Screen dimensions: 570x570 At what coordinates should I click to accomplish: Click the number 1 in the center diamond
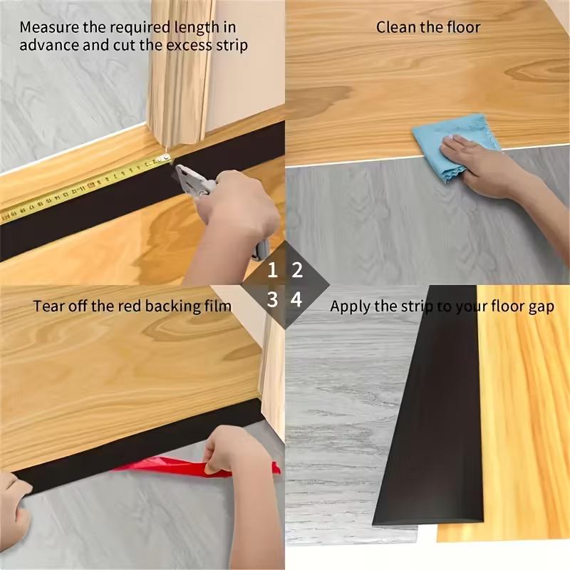click(x=273, y=271)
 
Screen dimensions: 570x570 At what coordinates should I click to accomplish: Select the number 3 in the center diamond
click(x=273, y=300)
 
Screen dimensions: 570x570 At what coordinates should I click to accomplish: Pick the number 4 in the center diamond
click(x=297, y=300)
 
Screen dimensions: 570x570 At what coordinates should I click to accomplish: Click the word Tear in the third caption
click(x=46, y=306)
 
